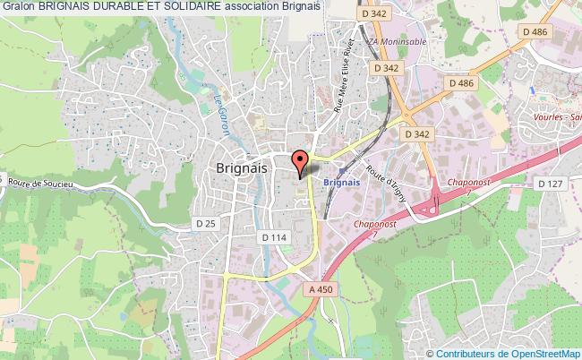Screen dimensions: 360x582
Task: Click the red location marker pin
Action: [x=301, y=161]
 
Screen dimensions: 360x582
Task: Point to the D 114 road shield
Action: [x=272, y=236]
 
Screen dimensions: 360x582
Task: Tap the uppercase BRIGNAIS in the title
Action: [x=72, y=7]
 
